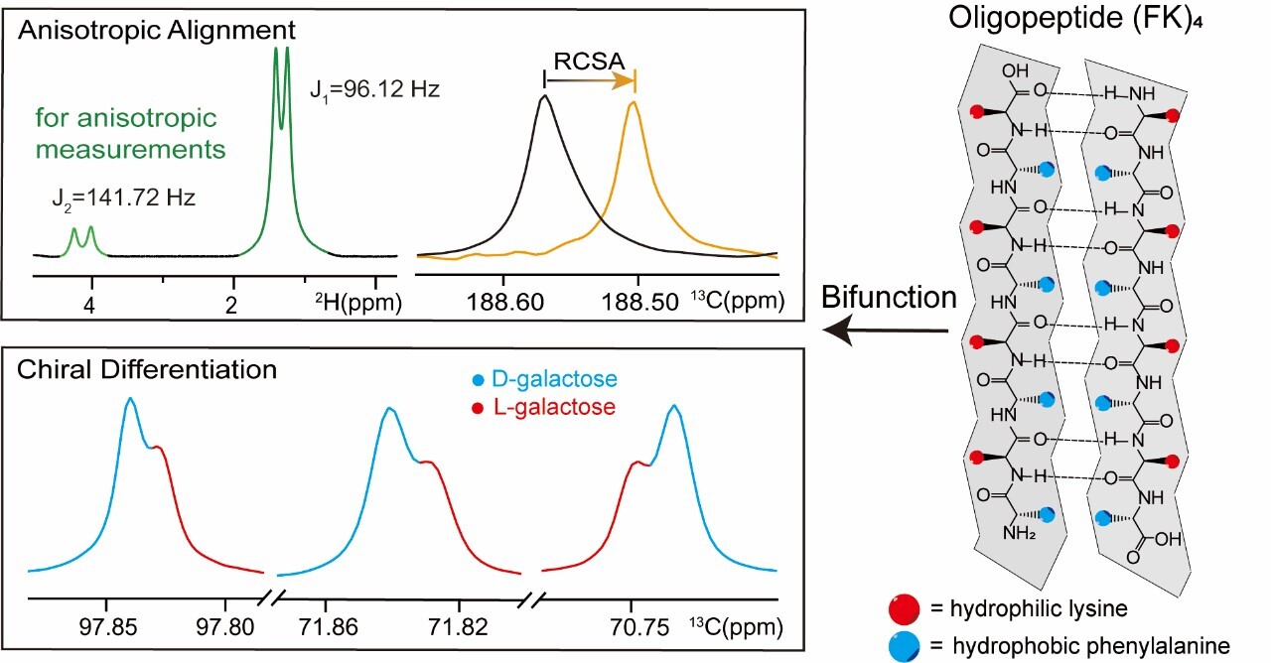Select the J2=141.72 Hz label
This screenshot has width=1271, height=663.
(x=122, y=198)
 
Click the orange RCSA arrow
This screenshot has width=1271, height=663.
(x=590, y=81)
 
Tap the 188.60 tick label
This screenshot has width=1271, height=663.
(x=505, y=302)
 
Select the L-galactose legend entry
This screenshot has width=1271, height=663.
(x=514, y=407)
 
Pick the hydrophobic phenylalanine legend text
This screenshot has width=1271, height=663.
(x=1089, y=646)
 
